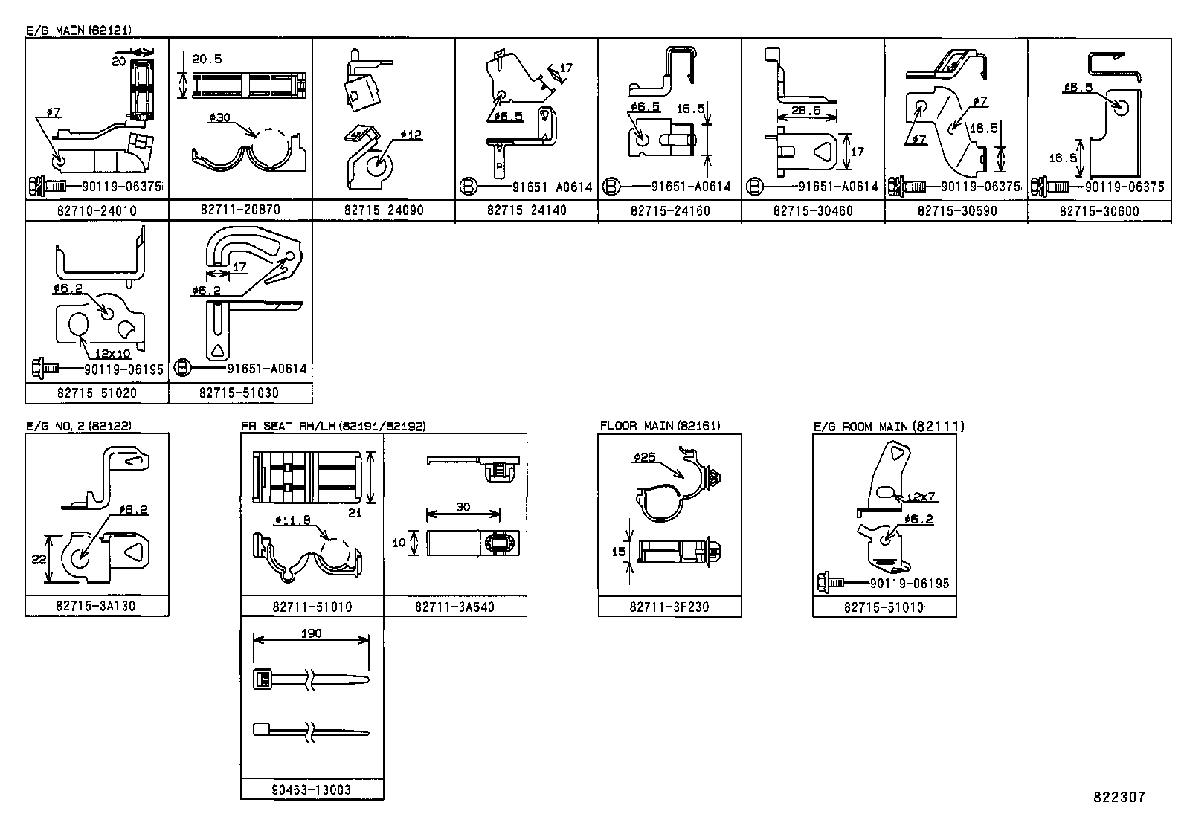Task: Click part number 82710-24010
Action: (97, 210)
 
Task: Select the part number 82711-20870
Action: (240, 210)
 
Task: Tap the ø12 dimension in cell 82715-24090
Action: (411, 135)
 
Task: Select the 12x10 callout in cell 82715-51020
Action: (112, 353)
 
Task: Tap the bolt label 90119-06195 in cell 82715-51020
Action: (120, 369)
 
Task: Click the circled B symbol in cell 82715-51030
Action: (183, 367)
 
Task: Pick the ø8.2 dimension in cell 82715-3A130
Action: (132, 509)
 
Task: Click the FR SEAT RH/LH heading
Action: (333, 426)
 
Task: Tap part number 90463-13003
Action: (312, 789)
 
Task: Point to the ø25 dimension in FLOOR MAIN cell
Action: (644, 457)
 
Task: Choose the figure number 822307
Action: (1119, 797)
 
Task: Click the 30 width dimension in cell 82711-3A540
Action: (463, 506)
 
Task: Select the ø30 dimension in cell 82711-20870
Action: (221, 117)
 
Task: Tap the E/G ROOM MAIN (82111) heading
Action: (889, 426)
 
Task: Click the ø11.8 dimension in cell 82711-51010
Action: (292, 520)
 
